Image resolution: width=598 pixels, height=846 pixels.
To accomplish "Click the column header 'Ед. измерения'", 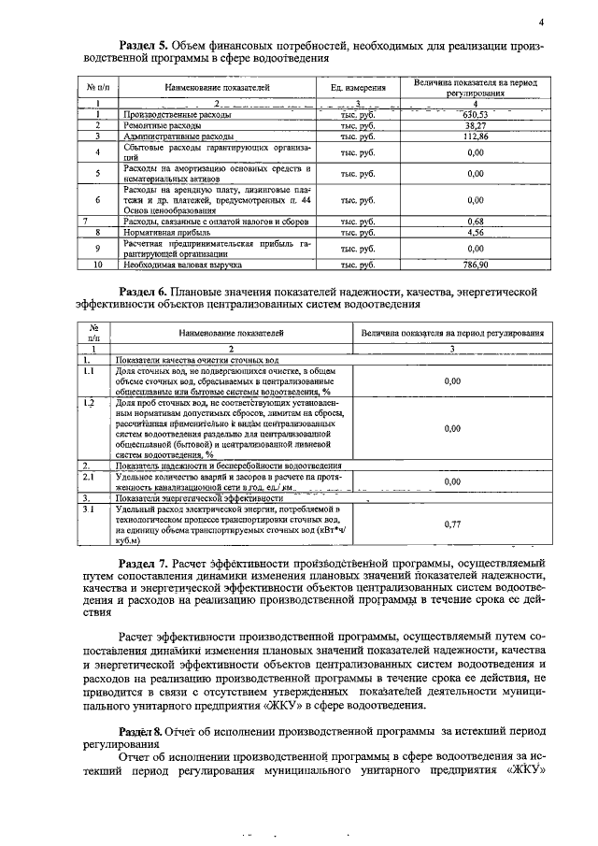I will (x=358, y=88).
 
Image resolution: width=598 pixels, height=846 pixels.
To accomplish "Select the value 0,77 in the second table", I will (x=453, y=525).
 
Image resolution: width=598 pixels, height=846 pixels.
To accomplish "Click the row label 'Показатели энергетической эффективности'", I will (x=196, y=500).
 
